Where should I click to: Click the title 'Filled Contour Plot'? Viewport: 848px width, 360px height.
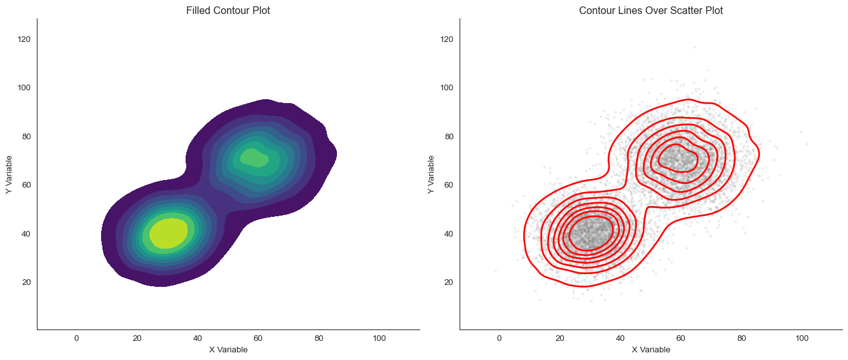point(228,11)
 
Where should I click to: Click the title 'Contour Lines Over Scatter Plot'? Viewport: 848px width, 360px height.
point(651,11)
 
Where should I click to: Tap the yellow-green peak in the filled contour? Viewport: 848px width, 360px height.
point(168,233)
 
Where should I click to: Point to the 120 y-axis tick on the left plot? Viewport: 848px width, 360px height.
point(25,39)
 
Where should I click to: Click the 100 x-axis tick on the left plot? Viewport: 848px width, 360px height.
point(379,338)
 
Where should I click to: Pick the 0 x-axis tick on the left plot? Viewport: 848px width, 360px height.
point(76,338)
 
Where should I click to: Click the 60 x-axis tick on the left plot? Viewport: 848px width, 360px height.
point(258,338)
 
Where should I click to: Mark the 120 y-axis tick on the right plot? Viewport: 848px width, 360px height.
point(448,39)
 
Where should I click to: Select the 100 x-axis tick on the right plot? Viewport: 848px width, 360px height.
point(802,338)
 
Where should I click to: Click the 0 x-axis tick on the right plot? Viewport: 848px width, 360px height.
point(499,338)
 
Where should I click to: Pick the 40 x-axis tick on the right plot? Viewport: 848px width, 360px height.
point(620,338)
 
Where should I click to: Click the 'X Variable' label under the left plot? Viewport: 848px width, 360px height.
point(228,350)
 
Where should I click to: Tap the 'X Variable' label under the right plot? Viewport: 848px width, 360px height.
point(651,350)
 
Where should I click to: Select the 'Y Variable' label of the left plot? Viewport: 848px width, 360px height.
point(10,174)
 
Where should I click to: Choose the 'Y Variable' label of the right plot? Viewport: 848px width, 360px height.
point(432,174)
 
